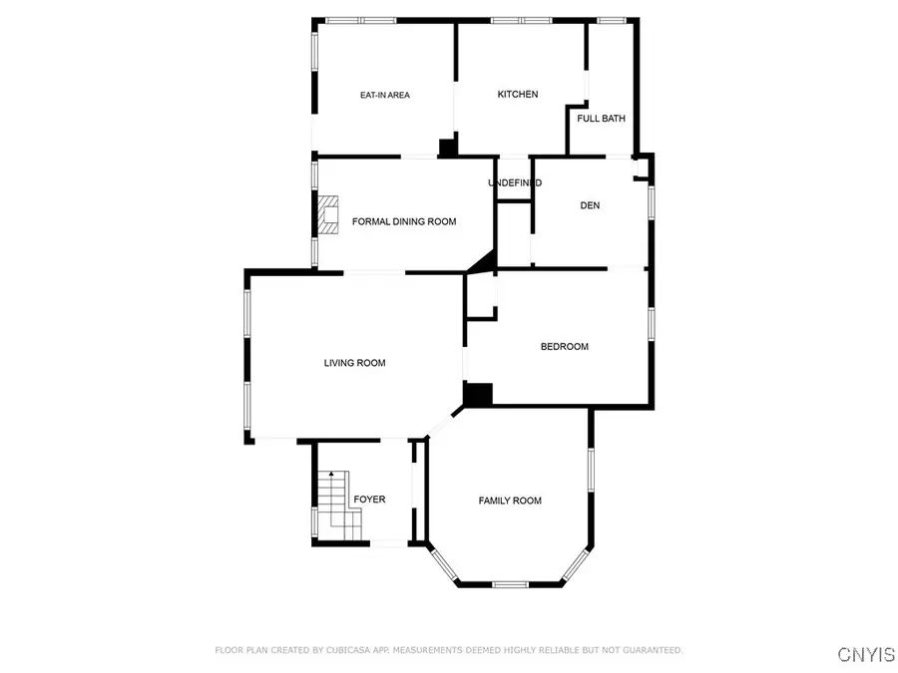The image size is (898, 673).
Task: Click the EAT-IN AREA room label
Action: [x=384, y=96]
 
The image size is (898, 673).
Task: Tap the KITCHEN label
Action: [x=518, y=95]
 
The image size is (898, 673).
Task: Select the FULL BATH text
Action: [x=602, y=119]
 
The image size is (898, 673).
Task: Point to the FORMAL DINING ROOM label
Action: [x=404, y=221]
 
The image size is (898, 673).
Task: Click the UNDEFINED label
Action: [x=514, y=183]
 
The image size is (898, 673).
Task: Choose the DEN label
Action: [x=590, y=206]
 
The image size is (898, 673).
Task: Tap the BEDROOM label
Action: [x=564, y=347]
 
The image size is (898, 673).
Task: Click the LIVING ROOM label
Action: [x=354, y=363]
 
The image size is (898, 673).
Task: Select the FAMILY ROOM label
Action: [x=510, y=501]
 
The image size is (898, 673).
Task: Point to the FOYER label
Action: [x=369, y=500]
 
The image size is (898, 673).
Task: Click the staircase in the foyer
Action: [x=333, y=505]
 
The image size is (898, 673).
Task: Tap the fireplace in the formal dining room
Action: [x=328, y=214]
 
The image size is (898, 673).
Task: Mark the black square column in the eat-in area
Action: [x=448, y=148]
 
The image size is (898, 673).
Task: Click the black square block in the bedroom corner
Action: [x=479, y=395]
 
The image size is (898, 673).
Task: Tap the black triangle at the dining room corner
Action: [x=485, y=262]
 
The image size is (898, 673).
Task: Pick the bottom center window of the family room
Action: [x=509, y=583]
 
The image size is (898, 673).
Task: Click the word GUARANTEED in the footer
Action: [x=647, y=650]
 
